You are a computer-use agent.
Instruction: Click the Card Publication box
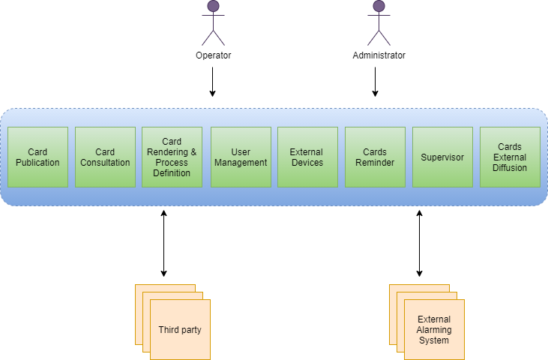[37, 157]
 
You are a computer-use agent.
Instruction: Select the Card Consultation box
[105, 157]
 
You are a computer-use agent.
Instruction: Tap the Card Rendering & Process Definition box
[172, 157]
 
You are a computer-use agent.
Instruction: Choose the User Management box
[241, 157]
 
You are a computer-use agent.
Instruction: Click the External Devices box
[307, 157]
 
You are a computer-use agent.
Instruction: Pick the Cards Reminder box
[375, 157]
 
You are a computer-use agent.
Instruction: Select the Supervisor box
[442, 157]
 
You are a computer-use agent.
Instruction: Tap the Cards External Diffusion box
[510, 157]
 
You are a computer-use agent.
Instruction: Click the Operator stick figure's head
[213, 7]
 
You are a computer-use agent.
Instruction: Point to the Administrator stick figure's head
[379, 7]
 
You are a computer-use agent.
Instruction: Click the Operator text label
[213, 55]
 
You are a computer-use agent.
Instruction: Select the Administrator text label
[379, 55]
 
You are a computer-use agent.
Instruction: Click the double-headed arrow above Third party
[163, 244]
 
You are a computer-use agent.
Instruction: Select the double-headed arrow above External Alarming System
[419, 244]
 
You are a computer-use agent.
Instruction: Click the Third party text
[180, 330]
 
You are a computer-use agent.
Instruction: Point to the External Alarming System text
[434, 330]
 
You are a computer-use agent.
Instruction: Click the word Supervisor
[442, 157]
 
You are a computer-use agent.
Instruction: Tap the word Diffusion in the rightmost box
[510, 168]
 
